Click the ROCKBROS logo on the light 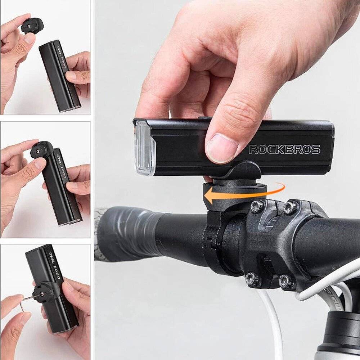(284, 149)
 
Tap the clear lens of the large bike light (145, 148)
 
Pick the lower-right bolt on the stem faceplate (287, 281)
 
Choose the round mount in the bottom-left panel (47, 292)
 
